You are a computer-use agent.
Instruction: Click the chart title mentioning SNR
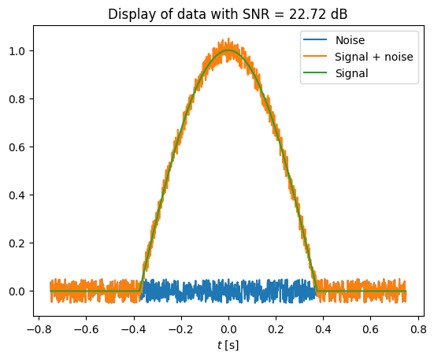[x=228, y=14]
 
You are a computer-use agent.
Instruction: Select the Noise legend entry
[x=350, y=40]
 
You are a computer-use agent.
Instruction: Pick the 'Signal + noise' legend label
[x=374, y=57]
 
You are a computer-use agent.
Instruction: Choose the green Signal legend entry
[x=351, y=73]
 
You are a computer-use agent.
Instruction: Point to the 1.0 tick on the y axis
[x=17, y=51]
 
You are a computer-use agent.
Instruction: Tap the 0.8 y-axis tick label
[x=17, y=99]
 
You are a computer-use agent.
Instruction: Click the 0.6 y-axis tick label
[x=17, y=147]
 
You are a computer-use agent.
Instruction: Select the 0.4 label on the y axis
[x=17, y=195]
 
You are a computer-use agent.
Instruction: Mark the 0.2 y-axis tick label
[x=17, y=243]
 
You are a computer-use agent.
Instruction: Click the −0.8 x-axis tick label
[x=39, y=329]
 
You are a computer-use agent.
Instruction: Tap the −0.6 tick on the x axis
[x=86, y=329]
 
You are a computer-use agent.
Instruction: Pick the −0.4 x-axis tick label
[x=134, y=329]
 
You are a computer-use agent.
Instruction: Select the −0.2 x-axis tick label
[x=181, y=329]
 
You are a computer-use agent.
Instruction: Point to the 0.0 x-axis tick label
[x=228, y=329]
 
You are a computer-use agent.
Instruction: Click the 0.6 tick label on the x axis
[x=371, y=329]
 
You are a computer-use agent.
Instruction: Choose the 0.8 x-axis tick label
[x=418, y=329]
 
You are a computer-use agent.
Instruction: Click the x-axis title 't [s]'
[x=228, y=345]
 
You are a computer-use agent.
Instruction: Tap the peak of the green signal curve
[x=228, y=50]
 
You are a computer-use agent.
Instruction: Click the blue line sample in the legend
[x=315, y=39]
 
